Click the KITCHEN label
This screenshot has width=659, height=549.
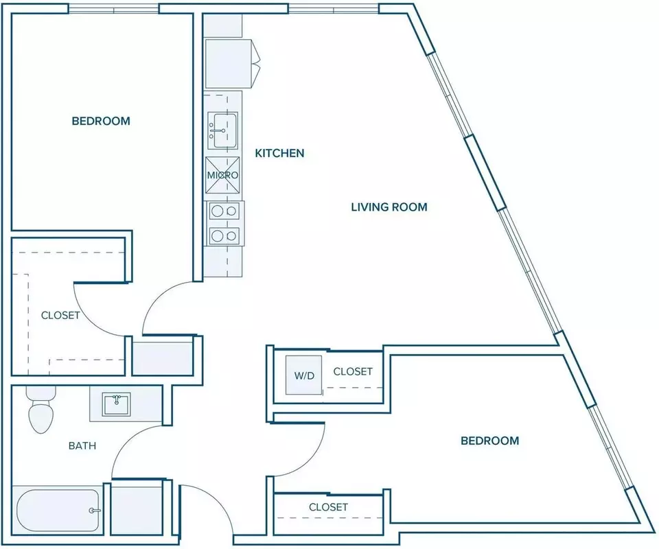point(279,153)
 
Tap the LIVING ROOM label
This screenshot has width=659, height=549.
point(389,207)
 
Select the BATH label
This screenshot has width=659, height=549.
point(82,445)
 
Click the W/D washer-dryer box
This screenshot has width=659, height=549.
point(304,375)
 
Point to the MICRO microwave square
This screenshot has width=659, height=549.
point(222,175)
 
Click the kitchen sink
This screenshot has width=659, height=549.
point(222,130)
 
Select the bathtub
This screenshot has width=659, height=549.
point(58,511)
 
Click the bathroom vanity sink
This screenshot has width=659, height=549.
point(117,404)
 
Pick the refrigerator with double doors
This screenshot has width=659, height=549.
point(233,64)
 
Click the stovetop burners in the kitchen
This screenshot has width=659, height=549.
point(224,223)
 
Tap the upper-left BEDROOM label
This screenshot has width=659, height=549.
point(101,121)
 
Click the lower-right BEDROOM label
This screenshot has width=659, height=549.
point(490,441)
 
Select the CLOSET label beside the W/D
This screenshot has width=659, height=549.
point(353,371)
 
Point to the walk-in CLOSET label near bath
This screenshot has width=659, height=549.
point(60,315)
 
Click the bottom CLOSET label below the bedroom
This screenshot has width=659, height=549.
point(328,507)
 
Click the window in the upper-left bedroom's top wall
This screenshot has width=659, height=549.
point(114,9)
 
